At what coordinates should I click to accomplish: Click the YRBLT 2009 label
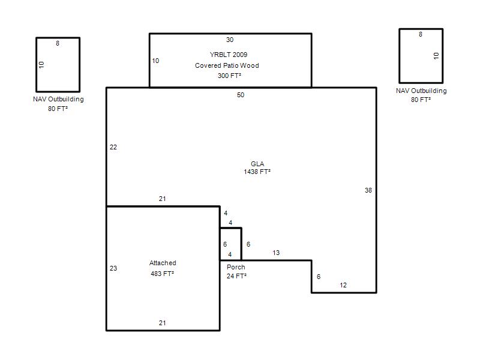coord(229,55)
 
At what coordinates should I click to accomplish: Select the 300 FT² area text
coord(229,76)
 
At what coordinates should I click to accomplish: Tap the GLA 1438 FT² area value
coord(257,172)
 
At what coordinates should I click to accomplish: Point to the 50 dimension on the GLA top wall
coord(241,95)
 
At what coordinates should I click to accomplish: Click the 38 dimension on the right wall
coord(368,190)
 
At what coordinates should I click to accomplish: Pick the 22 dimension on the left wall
coord(113,147)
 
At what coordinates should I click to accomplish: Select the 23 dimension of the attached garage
coord(113,268)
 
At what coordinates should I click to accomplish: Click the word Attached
coord(163,263)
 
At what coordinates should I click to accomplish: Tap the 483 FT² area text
coord(162,274)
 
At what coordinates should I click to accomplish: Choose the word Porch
coord(236,267)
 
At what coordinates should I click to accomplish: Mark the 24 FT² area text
coord(236,276)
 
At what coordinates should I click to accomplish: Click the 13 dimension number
coord(276,253)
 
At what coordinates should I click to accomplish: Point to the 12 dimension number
coord(343,286)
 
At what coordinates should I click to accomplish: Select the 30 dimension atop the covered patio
coord(230,40)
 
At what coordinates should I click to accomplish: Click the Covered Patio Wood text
coord(227,65)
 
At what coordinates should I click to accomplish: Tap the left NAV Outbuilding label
coord(58,99)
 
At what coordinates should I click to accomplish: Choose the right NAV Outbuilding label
coord(421,91)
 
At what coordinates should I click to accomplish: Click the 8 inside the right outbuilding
coord(421,34)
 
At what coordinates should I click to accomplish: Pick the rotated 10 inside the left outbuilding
coord(41,65)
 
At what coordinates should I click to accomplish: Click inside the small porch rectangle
coord(230,244)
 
